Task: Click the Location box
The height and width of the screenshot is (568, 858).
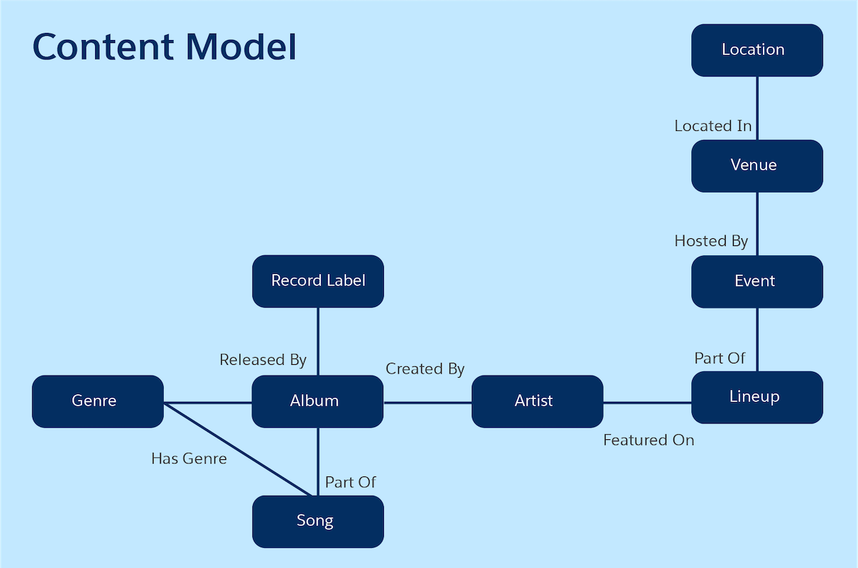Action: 756,50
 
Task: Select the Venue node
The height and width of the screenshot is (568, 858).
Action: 756,165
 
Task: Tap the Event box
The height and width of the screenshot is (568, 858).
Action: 756,281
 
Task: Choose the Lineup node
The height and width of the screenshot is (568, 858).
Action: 756,397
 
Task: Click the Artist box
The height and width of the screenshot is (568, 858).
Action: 537,401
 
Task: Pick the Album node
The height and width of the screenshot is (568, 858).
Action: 317,401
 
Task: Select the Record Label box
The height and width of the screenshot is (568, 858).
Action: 317,281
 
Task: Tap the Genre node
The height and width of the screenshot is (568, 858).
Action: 97,401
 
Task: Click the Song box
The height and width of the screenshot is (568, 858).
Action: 317,521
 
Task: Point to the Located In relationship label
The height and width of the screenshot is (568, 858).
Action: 713,126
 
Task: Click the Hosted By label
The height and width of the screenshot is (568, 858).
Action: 711,241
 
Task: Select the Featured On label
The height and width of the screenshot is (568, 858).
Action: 649,440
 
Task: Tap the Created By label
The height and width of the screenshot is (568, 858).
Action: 425,369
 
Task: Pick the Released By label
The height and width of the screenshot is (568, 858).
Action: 262,360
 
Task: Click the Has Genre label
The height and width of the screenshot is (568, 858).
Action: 189,459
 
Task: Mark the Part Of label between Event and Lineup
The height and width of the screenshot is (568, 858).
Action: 719,358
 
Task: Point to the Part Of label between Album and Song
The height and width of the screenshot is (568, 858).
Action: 350,482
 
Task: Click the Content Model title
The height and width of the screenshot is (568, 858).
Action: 164,47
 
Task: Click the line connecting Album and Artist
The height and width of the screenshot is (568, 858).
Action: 428,402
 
